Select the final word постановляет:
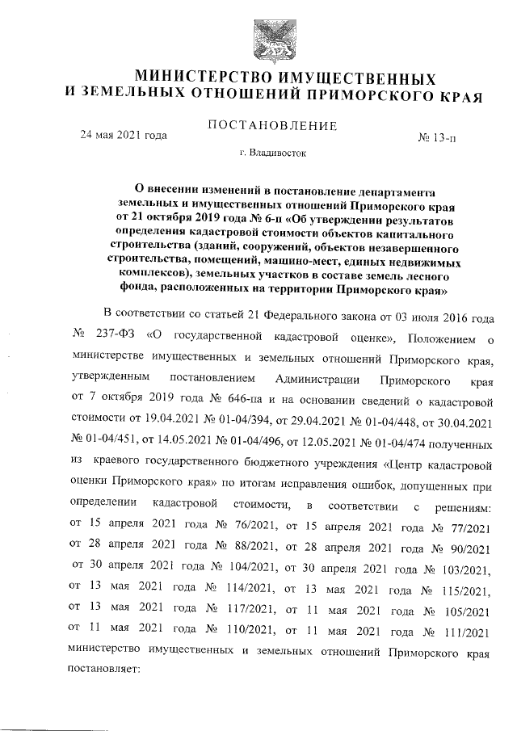click(x=106, y=670)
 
